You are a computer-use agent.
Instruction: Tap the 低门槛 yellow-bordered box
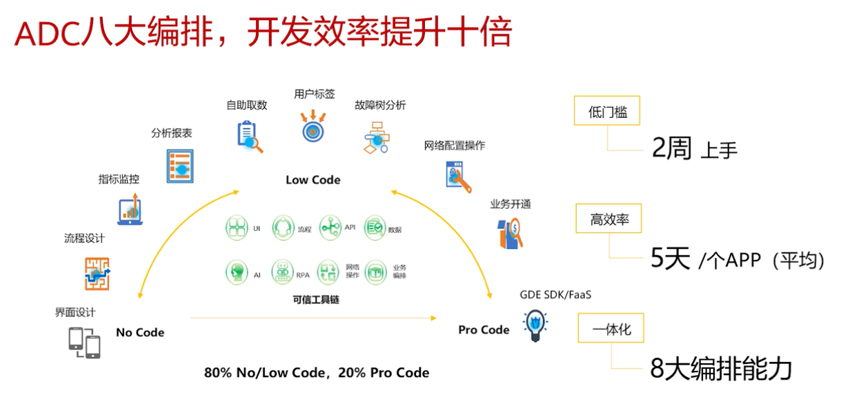point(607,111)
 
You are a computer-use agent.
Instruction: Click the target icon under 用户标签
point(313,128)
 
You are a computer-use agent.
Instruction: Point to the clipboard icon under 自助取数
point(249,136)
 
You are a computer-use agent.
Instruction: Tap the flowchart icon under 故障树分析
point(377,137)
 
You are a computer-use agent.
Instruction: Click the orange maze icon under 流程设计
point(97,273)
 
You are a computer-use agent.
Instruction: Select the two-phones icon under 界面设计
point(84,343)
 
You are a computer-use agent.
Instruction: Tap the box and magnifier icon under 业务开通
point(510,233)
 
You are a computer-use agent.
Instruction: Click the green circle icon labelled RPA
point(282,272)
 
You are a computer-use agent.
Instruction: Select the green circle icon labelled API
point(330,227)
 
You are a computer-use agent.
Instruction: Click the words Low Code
point(313,180)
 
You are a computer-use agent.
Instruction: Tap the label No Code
point(140,332)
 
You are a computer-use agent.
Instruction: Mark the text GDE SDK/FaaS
point(555,295)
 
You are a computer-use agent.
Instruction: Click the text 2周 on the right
point(671,148)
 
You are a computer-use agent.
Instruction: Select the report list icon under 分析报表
point(180,166)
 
